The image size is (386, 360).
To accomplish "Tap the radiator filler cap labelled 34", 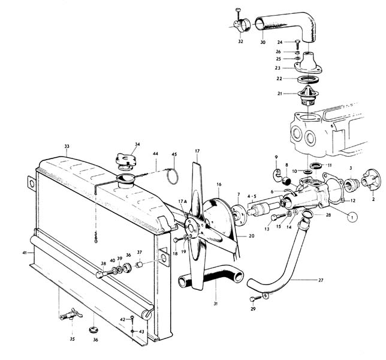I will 127,161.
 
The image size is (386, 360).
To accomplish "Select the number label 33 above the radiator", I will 67,146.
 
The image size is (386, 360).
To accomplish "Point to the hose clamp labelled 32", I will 237,26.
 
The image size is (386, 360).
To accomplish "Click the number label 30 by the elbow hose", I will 263,43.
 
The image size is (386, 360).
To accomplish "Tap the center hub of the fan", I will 193,229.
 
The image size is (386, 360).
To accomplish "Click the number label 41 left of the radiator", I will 25,253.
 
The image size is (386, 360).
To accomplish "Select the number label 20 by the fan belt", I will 252,236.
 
